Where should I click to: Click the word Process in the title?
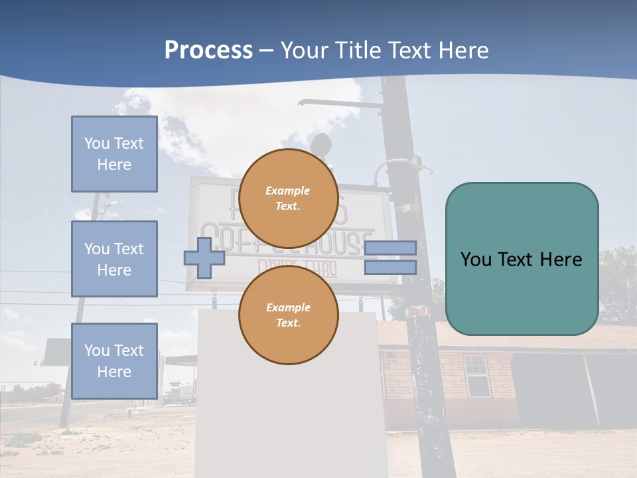click(x=208, y=50)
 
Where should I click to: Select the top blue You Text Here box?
click(x=114, y=154)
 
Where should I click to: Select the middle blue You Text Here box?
click(x=114, y=259)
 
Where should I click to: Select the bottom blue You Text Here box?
click(x=114, y=360)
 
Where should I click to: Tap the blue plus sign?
click(x=204, y=258)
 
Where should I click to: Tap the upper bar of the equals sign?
click(x=390, y=248)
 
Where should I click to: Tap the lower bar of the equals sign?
click(x=390, y=267)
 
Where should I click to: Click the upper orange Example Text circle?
click(x=288, y=198)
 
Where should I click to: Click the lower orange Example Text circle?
click(x=288, y=315)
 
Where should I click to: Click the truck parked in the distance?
click(x=181, y=394)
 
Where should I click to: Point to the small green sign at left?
click(x=57, y=351)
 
